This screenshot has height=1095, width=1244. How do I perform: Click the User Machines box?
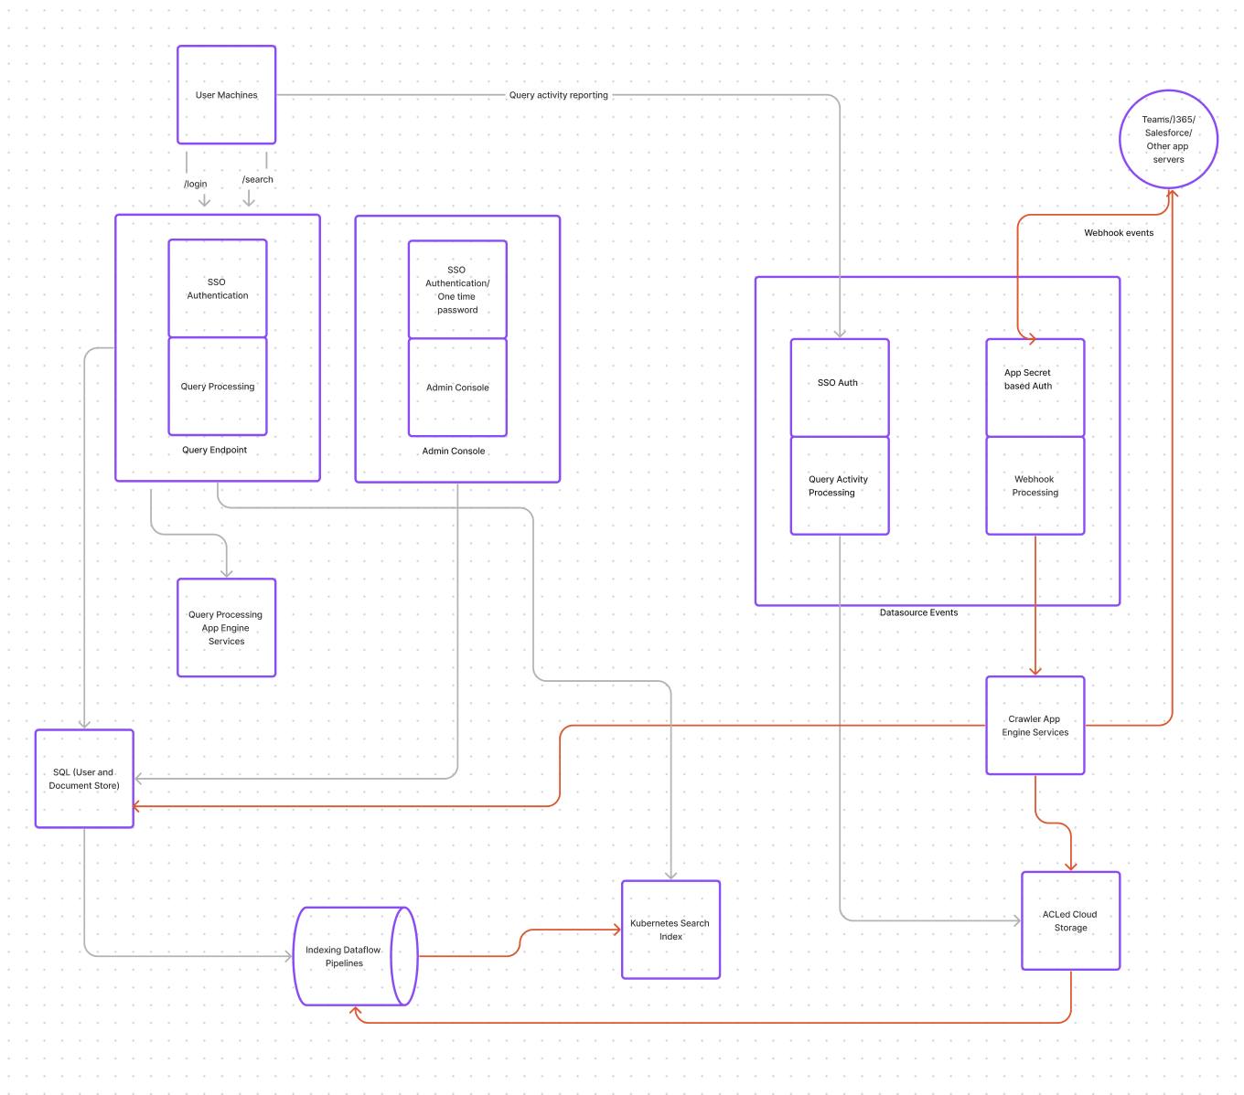pos(226,95)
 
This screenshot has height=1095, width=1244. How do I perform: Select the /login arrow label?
pos(196,184)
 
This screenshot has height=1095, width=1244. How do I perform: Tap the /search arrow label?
pos(258,179)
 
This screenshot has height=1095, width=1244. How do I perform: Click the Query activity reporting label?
pos(558,95)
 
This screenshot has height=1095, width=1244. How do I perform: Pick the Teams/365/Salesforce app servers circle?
pos(1168,140)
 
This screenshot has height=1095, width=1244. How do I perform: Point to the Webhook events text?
pos(1118,233)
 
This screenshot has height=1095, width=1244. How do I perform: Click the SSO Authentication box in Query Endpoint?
pos(218,289)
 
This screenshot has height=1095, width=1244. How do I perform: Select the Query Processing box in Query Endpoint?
pos(218,387)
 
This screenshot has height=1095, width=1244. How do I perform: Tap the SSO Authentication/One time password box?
pos(457,290)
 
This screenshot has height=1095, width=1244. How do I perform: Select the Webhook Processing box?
pos(1035,485)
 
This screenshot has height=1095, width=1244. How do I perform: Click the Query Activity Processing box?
pos(839,485)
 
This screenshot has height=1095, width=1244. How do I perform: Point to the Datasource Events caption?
pos(918,612)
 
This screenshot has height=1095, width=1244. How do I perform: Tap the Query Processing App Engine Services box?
pos(226,628)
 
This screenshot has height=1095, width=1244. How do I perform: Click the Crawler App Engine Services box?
pos(1035,726)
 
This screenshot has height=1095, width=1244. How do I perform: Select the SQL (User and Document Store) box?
pos(84,779)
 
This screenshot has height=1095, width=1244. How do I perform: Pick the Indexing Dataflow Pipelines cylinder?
pos(345,956)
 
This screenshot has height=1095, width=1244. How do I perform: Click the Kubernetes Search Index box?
pos(670,930)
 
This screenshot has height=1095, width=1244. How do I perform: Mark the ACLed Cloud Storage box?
pos(1070,920)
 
